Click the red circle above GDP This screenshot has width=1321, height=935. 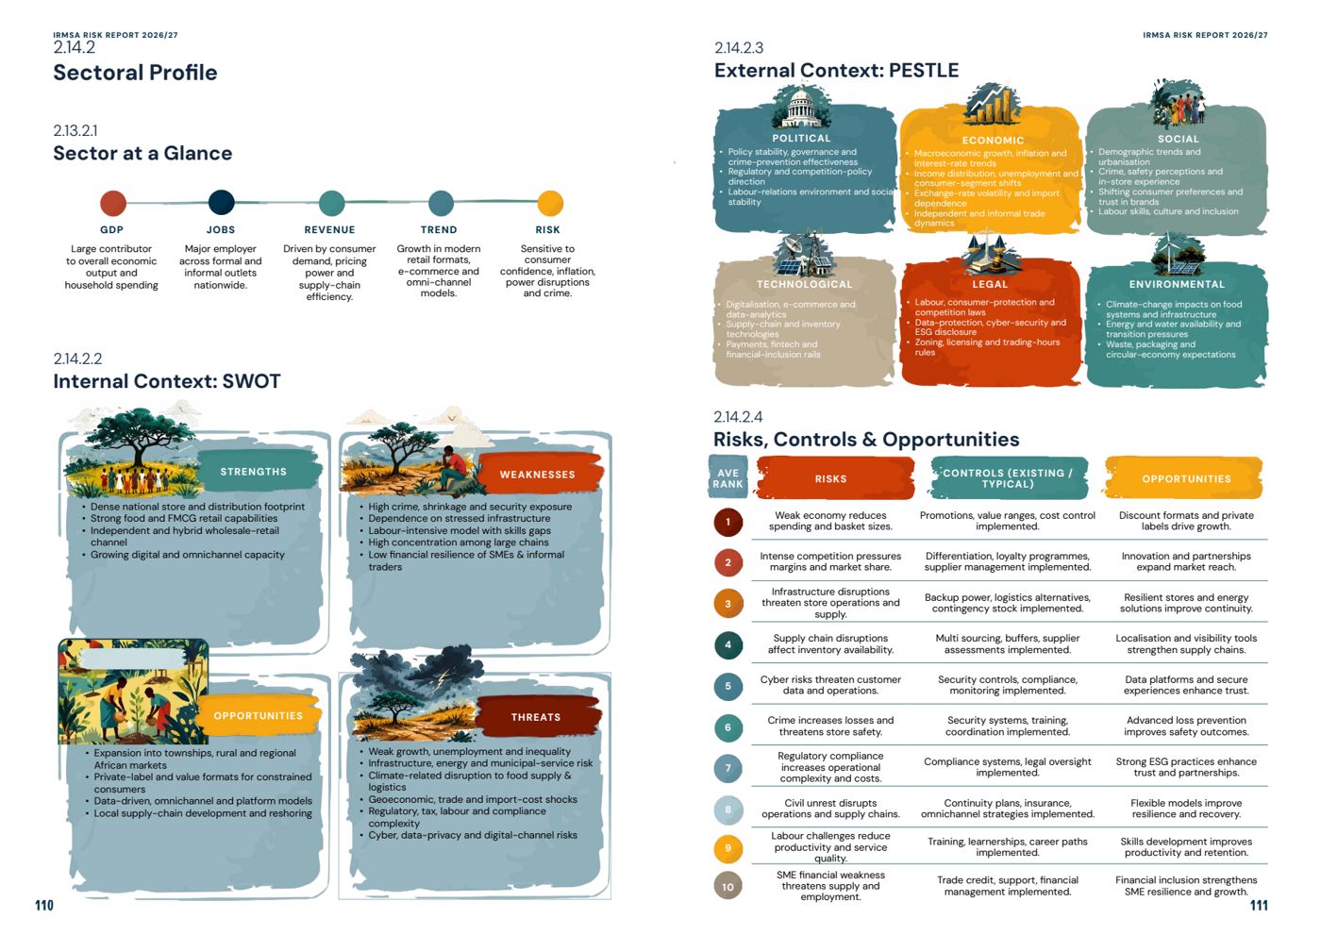coord(112,203)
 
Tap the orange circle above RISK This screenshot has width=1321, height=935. coord(549,203)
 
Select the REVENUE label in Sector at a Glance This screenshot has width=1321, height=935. coord(329,230)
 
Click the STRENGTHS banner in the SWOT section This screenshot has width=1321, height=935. coord(254,472)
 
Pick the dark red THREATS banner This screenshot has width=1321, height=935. coord(536,717)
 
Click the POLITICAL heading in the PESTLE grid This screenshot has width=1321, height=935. coord(801,138)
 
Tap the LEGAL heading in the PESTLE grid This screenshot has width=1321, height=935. coord(990,284)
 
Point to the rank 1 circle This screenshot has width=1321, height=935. coord(727,522)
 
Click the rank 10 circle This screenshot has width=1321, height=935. coord(727,886)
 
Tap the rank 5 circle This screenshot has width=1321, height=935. coord(727,686)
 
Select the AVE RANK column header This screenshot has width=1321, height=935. coord(727,478)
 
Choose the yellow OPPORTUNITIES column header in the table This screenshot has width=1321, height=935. coord(1184,478)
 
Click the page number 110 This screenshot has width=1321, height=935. coord(44,906)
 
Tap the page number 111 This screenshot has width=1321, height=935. coord(1259,906)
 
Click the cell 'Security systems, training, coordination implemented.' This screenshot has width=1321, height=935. coord(1008,726)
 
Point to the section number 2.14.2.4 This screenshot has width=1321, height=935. coord(738,417)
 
